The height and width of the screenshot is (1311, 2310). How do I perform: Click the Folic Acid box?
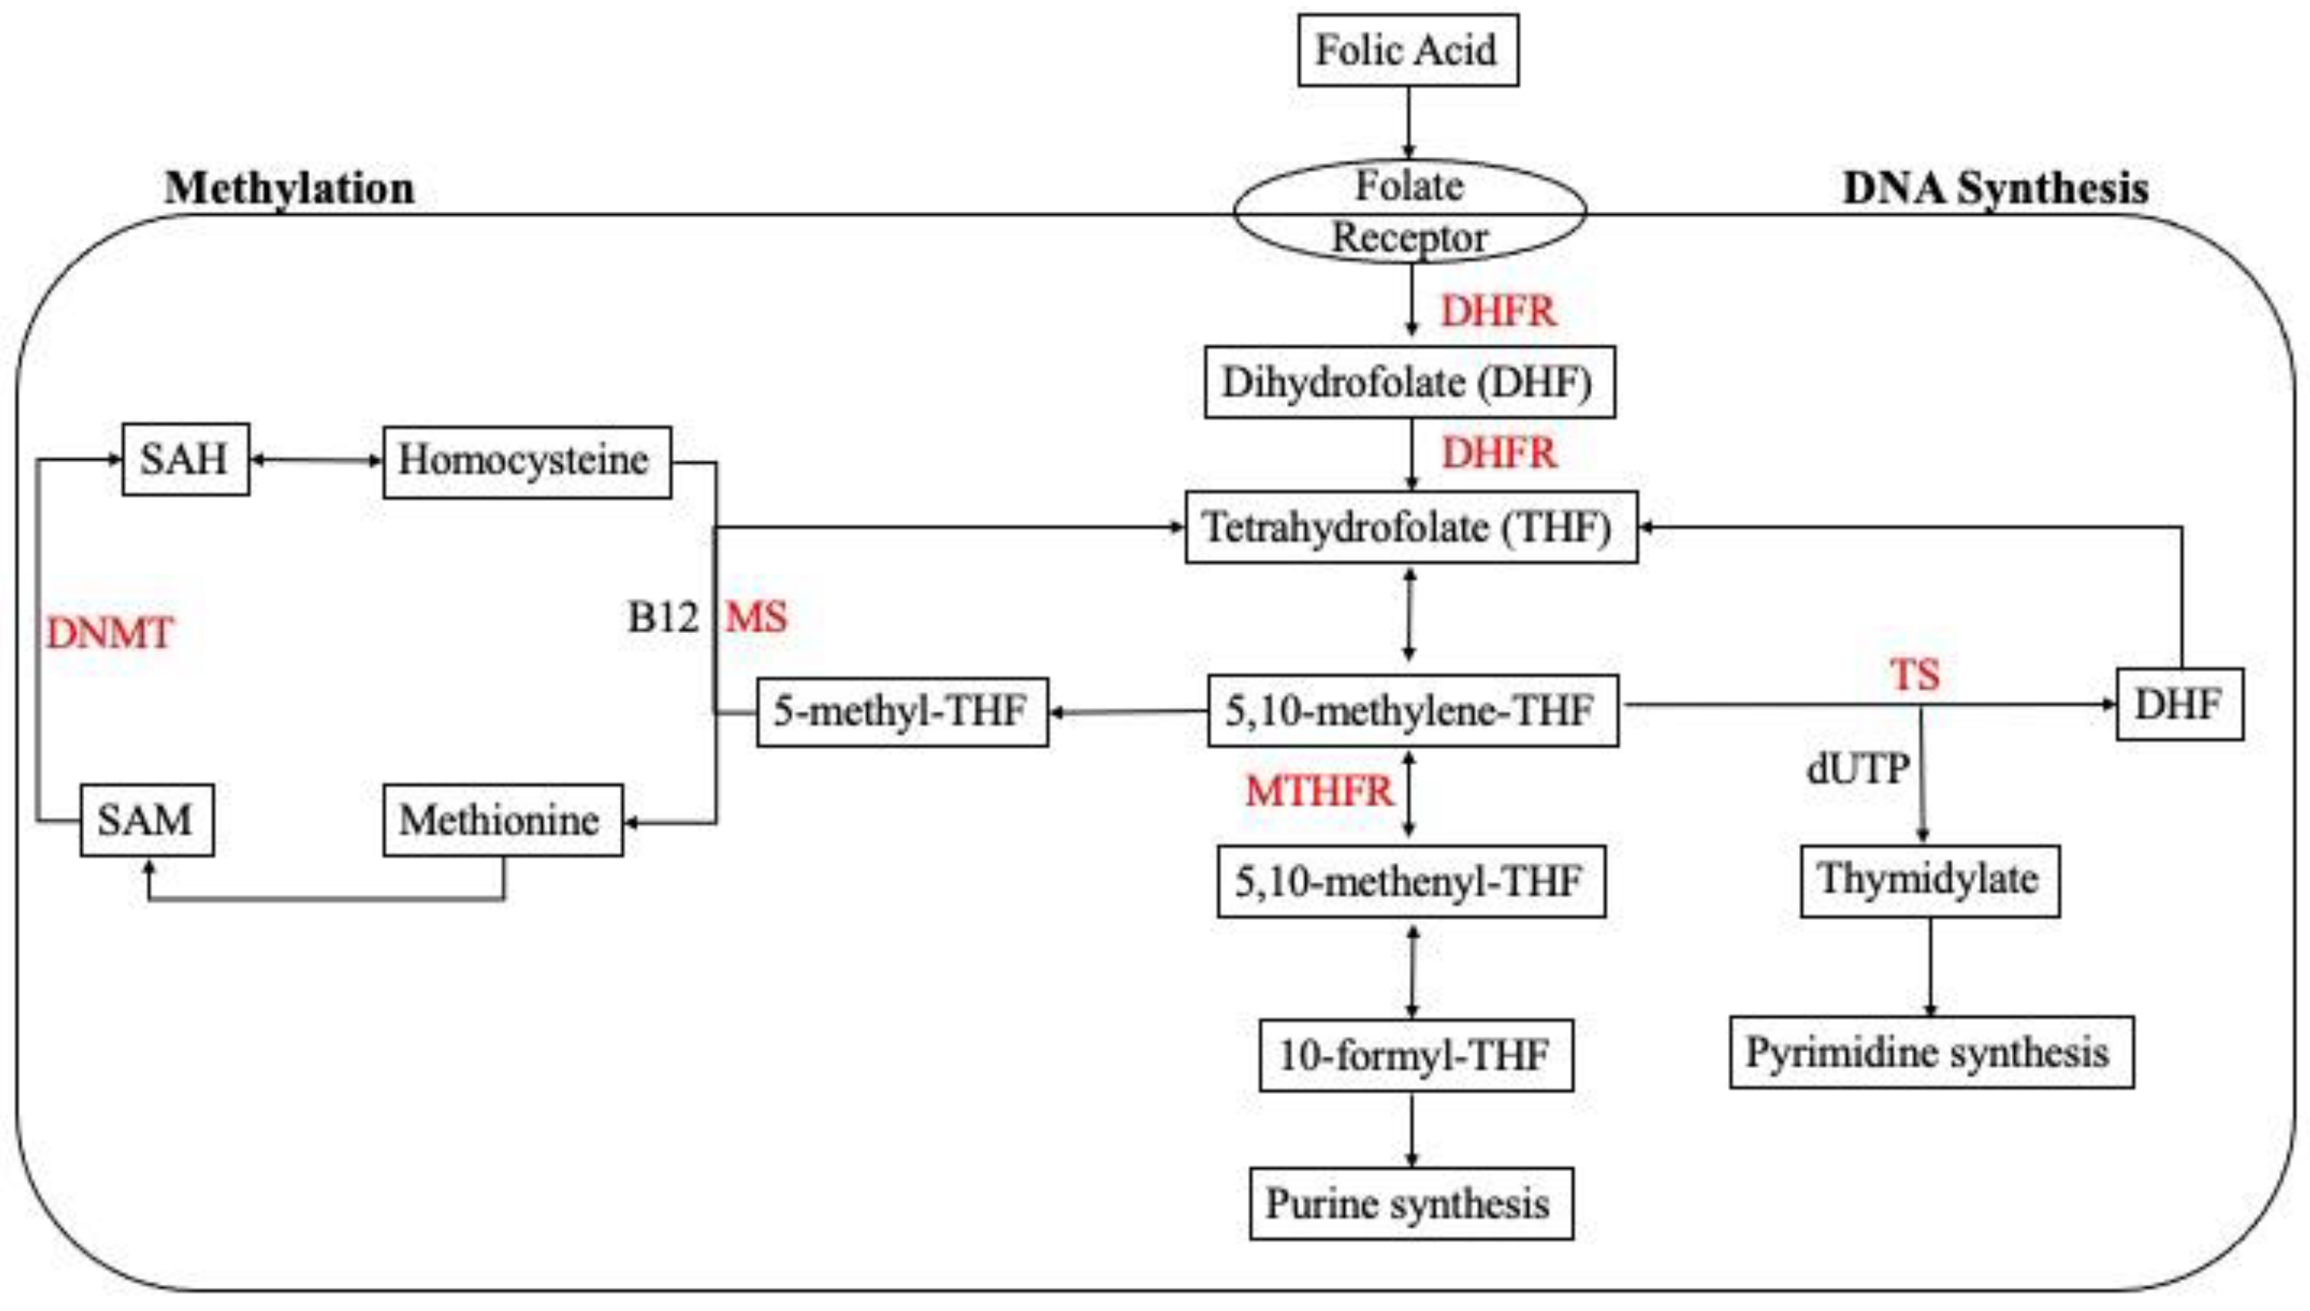1407,50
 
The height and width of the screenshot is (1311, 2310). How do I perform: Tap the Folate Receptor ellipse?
1409,212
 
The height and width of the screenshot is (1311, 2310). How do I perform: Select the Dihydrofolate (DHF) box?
1409,383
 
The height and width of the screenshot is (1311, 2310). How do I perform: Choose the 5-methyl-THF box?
902,712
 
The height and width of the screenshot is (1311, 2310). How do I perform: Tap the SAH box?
185,460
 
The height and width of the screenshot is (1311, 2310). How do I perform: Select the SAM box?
147,820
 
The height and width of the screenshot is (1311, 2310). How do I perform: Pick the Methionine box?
502,820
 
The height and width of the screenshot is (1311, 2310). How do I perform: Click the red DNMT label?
109,634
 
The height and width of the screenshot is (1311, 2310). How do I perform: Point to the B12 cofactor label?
662,618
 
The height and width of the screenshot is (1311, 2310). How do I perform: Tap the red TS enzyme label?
1914,674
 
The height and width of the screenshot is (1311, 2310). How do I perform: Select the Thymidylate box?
1929,880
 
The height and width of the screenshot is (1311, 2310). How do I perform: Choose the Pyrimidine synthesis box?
1930,1053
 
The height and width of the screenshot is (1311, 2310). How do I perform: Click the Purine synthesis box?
1410,1204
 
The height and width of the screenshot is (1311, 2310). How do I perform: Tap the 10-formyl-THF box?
1415,1055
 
